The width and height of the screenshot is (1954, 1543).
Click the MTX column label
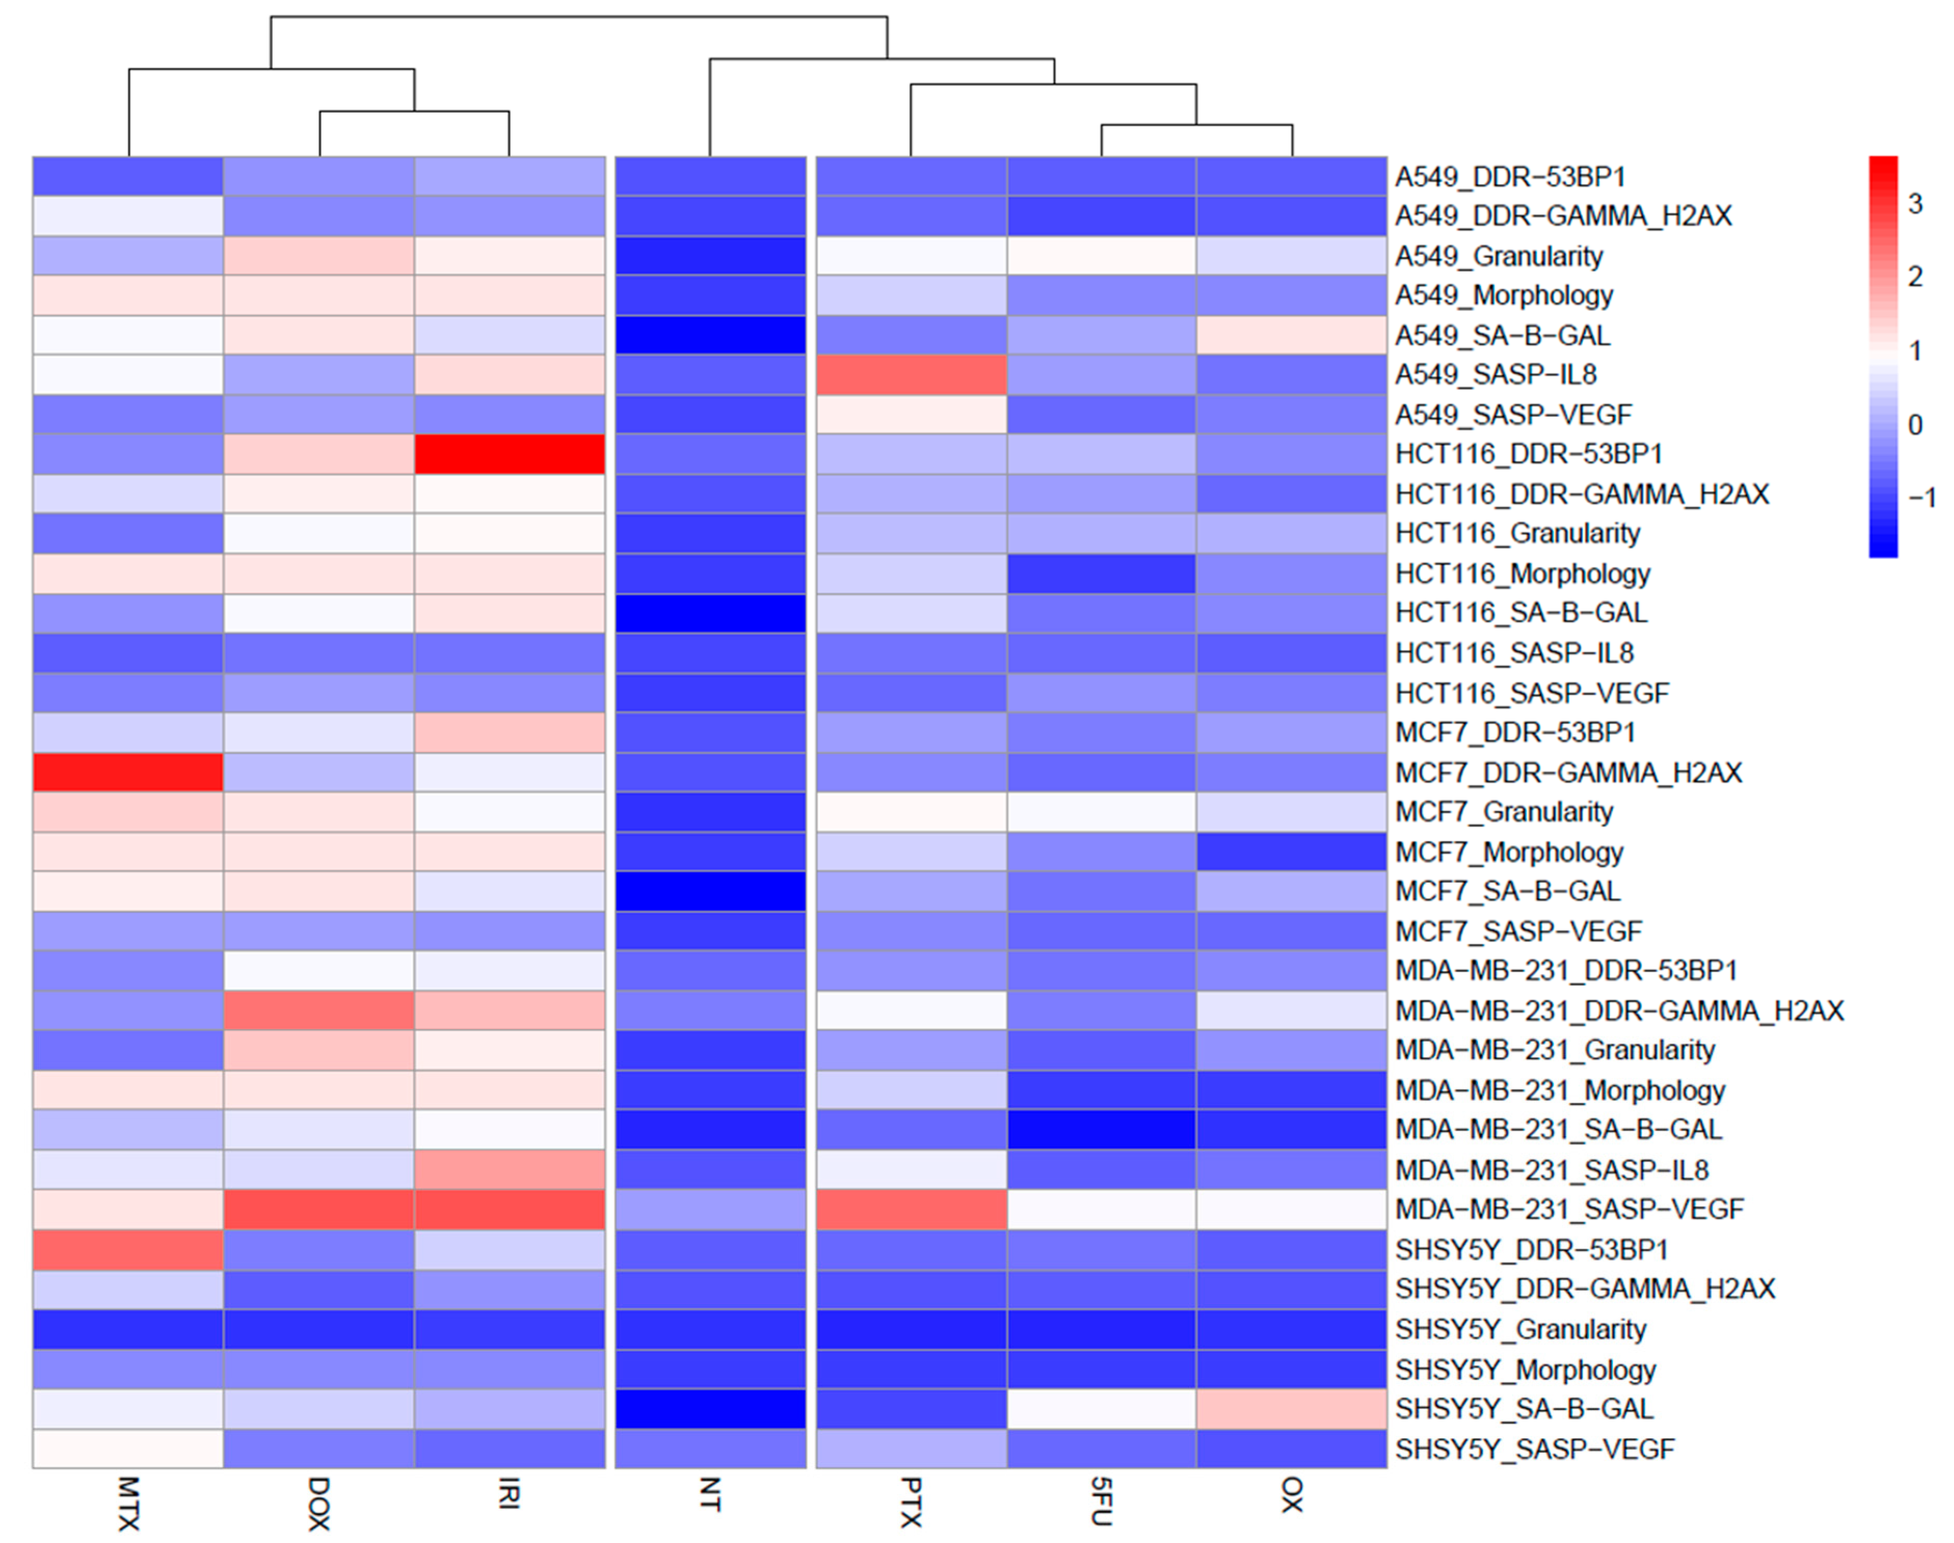pos(128,1503)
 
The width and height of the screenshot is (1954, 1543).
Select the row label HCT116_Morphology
pos(1522,574)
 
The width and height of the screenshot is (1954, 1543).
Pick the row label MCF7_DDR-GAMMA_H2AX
pos(1568,773)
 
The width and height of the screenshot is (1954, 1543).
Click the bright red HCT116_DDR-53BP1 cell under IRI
pos(510,454)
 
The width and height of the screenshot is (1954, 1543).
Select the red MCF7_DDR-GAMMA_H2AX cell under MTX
pos(128,773)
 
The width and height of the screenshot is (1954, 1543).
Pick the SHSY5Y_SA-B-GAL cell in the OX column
pos(1292,1409)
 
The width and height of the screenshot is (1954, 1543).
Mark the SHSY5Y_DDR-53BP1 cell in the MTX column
pos(128,1249)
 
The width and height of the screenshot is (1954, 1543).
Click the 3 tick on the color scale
pos(1914,204)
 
